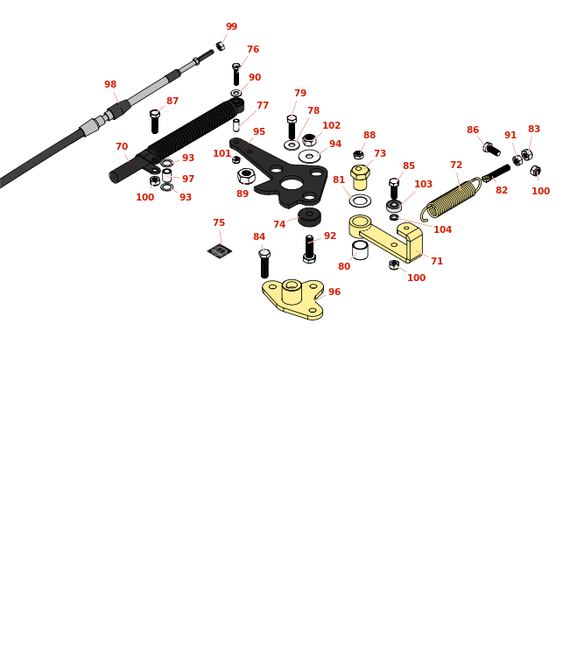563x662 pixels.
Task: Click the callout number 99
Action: [x=231, y=26]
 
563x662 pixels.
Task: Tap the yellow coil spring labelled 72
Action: [x=450, y=200]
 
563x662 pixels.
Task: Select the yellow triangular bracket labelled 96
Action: [x=293, y=299]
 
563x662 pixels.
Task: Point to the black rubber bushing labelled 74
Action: [x=309, y=216]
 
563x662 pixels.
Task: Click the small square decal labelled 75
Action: [x=220, y=251]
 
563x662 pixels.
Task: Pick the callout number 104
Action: [x=442, y=229]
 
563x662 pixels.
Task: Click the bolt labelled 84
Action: [x=264, y=264]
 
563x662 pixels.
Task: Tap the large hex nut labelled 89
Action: [x=246, y=176]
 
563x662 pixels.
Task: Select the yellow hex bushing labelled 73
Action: [x=360, y=177]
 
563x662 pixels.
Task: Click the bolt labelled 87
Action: [x=155, y=121]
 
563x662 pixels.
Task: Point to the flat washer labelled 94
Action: [x=309, y=156]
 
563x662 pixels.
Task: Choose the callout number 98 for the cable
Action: [x=110, y=84]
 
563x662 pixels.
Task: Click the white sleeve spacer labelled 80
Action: [x=360, y=250]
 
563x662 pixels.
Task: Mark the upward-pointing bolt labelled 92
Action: [x=309, y=249]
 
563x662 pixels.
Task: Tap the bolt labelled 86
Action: [x=492, y=149]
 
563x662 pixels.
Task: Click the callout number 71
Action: [x=437, y=261]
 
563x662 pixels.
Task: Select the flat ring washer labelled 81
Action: [x=360, y=201]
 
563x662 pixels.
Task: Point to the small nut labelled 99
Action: [x=221, y=46]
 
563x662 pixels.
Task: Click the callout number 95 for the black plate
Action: [x=259, y=131]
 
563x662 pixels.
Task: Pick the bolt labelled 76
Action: [x=236, y=74]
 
